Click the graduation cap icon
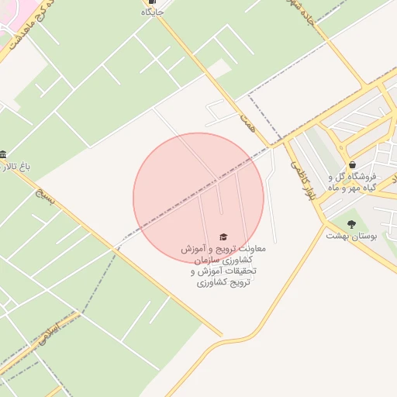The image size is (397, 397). (x=223, y=236)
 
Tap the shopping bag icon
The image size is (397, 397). (x=353, y=164)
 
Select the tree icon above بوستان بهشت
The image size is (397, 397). (x=351, y=224)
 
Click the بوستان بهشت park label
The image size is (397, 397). (x=351, y=235)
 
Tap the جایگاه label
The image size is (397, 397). (x=152, y=12)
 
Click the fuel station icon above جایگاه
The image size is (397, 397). (x=152, y=2)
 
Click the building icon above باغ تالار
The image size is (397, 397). (x=3, y=154)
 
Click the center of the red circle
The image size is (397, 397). (x=198, y=198)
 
